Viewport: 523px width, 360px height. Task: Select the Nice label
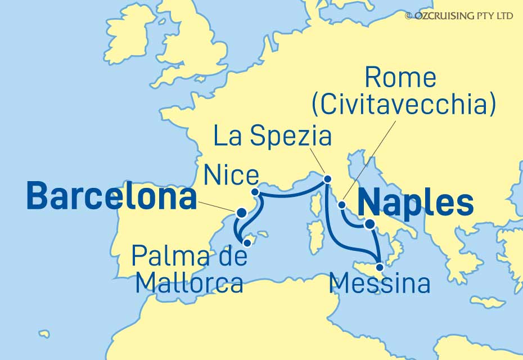coord(231,176)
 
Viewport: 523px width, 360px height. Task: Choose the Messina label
coord(381,283)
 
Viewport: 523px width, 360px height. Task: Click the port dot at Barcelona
coord(241,213)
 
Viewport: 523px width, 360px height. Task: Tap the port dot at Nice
coord(255,192)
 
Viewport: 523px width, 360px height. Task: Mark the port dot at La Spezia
coord(328,179)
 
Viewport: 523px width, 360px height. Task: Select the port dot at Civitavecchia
coord(342,205)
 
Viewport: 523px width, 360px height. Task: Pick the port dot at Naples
coord(369,224)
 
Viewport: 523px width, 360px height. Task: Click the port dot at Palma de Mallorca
coord(247,242)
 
